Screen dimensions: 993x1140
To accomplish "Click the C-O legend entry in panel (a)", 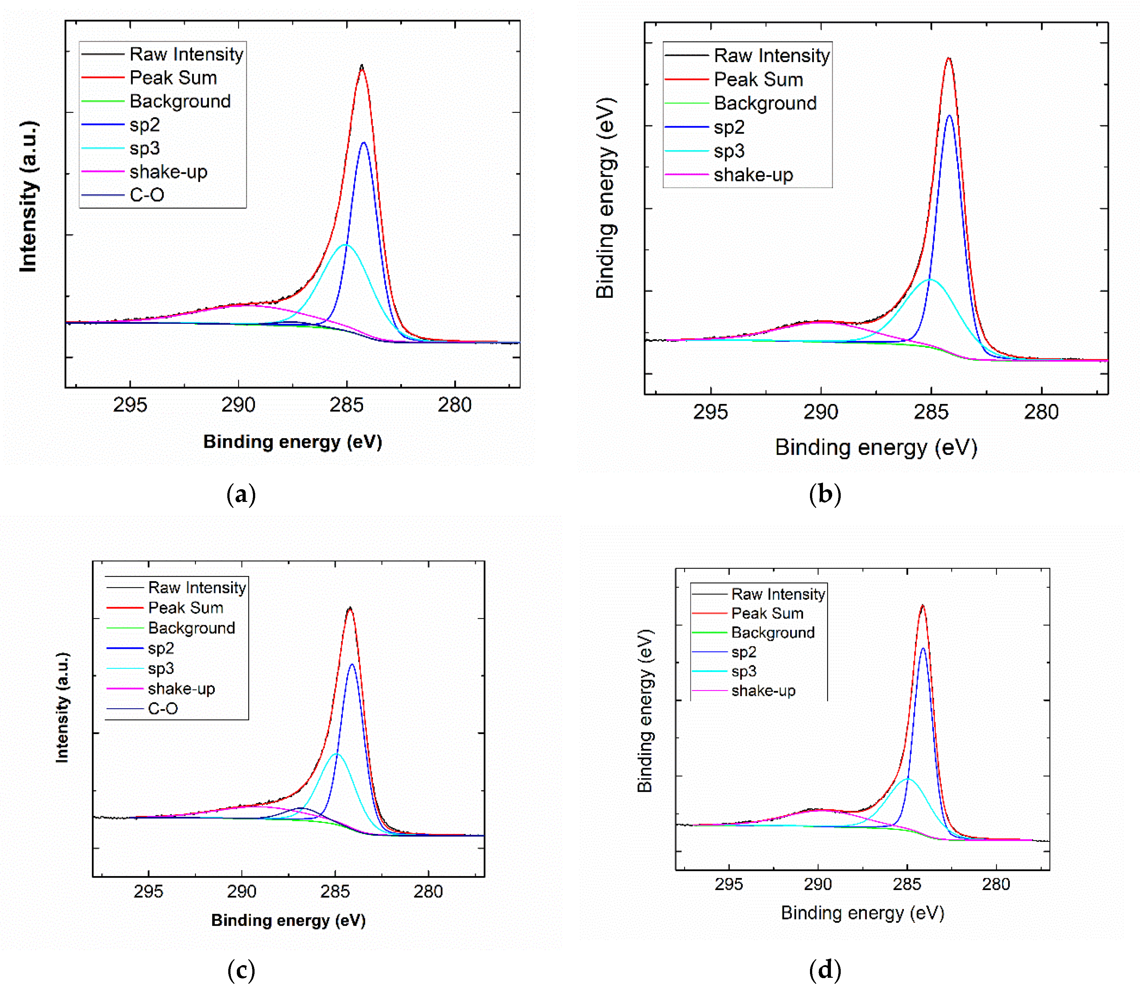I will [146, 195].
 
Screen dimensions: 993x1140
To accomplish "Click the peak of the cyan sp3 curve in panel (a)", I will [346, 244].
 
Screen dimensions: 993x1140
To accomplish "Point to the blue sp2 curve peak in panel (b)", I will [949, 116].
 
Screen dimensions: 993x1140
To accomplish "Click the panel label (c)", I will [241, 970].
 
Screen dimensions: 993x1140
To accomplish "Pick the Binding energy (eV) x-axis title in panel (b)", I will [876, 447].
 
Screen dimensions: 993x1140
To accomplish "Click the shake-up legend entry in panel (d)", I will [763, 690].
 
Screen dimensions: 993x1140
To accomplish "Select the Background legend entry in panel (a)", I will [180, 101].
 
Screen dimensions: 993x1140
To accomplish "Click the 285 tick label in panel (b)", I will [931, 412].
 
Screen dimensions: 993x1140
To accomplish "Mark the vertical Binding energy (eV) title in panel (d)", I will [645, 711].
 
